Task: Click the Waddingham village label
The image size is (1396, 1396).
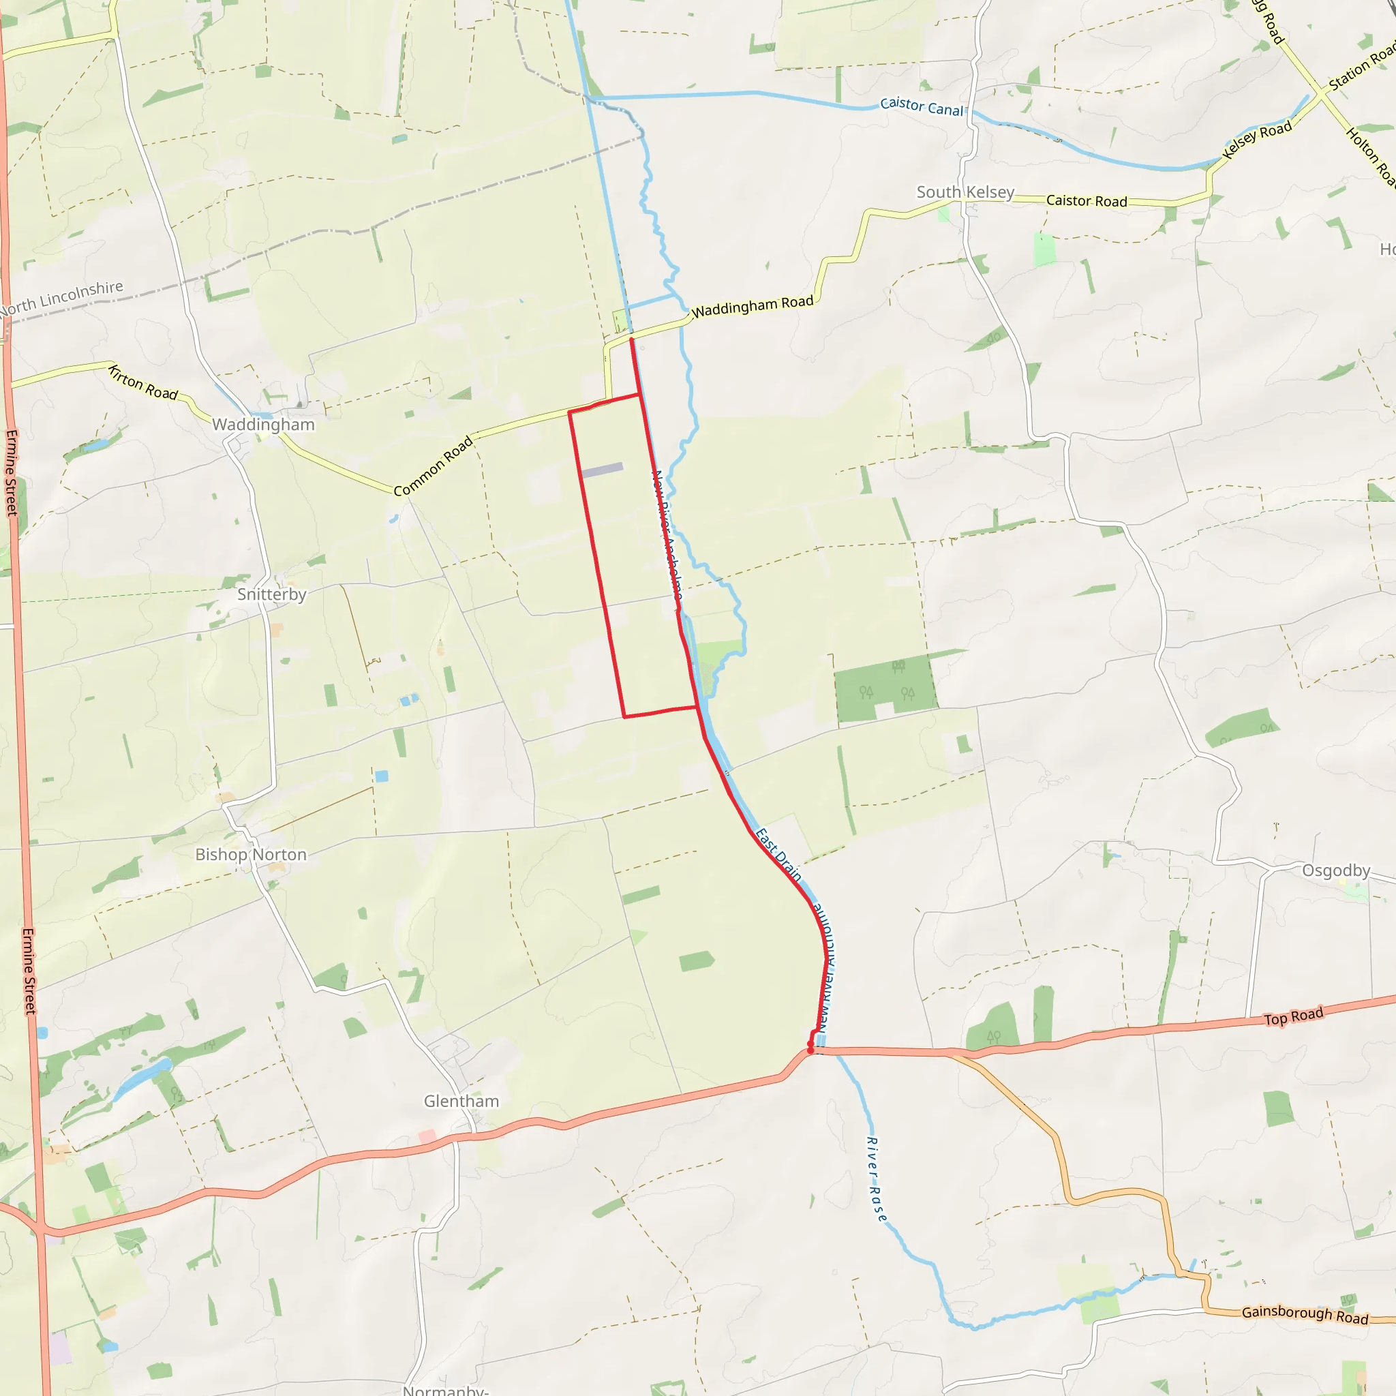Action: [x=263, y=424]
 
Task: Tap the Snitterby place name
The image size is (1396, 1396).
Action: [x=272, y=594]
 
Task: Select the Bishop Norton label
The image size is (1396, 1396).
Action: [x=251, y=854]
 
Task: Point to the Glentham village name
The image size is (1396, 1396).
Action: [x=461, y=1102]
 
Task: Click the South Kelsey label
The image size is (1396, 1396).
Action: [x=965, y=192]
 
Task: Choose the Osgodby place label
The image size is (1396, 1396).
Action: [x=1336, y=870]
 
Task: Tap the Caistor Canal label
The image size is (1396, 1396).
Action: [x=922, y=107]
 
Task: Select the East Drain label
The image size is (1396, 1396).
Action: [x=778, y=855]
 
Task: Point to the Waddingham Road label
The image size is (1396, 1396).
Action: [x=753, y=306]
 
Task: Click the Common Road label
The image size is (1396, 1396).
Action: [x=433, y=466]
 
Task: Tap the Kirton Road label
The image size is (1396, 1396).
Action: [x=143, y=383]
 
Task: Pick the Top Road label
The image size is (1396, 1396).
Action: [x=1293, y=1016]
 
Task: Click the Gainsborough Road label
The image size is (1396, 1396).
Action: [x=1305, y=1314]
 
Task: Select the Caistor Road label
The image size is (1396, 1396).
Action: [x=1086, y=201]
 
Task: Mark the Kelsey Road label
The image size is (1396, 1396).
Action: [x=1256, y=140]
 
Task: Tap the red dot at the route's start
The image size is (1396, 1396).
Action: [x=810, y=1051]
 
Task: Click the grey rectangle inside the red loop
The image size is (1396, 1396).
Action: [x=601, y=470]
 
